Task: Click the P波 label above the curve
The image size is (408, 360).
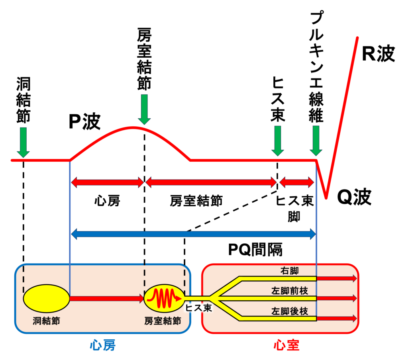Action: (x=84, y=122)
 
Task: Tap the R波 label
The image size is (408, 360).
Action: (x=378, y=54)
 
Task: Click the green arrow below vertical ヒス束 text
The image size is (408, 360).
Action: (x=277, y=141)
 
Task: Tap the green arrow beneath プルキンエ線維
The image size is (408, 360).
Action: (x=316, y=141)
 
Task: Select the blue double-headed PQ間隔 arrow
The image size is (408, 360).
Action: (x=193, y=234)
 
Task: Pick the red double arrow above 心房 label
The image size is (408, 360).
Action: (x=107, y=183)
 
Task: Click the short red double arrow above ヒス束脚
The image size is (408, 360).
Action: (x=297, y=183)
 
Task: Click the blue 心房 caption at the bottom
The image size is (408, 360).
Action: (x=102, y=345)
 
